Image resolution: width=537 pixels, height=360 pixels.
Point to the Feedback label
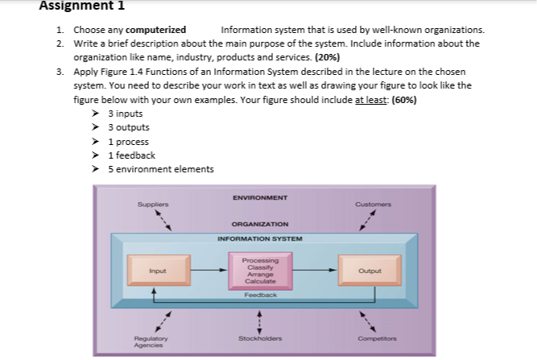pyautogui.click(x=259, y=296)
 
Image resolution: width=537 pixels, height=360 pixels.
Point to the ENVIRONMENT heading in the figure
pyautogui.click(x=259, y=197)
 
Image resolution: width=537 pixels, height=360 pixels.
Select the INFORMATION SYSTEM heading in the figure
pyautogui.click(x=259, y=238)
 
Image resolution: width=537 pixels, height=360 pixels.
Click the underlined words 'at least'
pyautogui.click(x=371, y=100)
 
